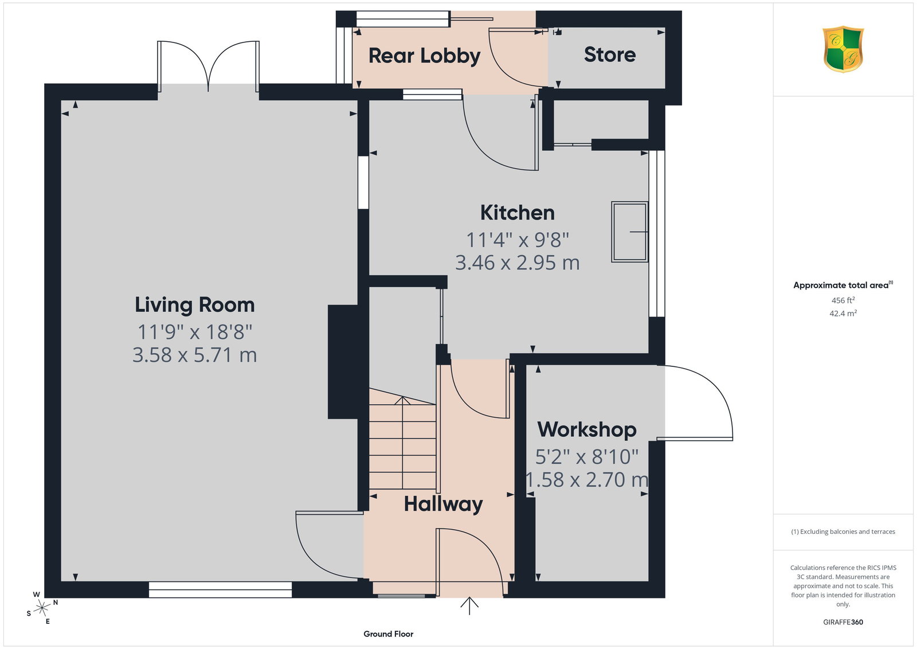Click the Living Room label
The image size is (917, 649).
coord(195,305)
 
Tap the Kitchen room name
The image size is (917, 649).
coord(518,213)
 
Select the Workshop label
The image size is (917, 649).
coord(587,429)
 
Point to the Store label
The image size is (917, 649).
coord(610,54)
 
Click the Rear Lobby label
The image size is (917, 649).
coord(425,56)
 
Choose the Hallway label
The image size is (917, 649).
coord(444,504)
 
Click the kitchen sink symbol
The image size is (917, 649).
coord(630,232)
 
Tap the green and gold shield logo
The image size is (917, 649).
coord(843,49)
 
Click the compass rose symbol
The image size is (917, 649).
coord(42,608)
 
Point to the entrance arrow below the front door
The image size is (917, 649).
coord(469,606)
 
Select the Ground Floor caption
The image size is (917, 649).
coord(389,634)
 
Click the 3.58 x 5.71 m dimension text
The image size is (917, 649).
coord(195,355)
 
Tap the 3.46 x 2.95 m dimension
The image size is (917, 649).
coord(518,263)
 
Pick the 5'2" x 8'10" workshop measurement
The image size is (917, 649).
coord(587,456)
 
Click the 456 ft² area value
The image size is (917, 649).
coord(843,300)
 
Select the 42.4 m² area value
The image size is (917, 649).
coord(843,313)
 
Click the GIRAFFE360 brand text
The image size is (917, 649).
coord(843,622)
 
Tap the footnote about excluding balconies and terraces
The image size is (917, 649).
coord(843,531)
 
